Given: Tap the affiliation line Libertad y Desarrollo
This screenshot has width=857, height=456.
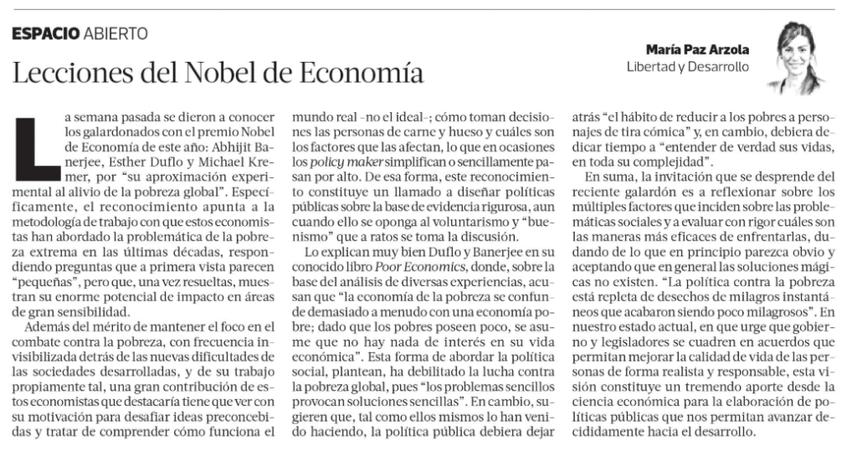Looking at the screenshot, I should pyautogui.click(x=688, y=66).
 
